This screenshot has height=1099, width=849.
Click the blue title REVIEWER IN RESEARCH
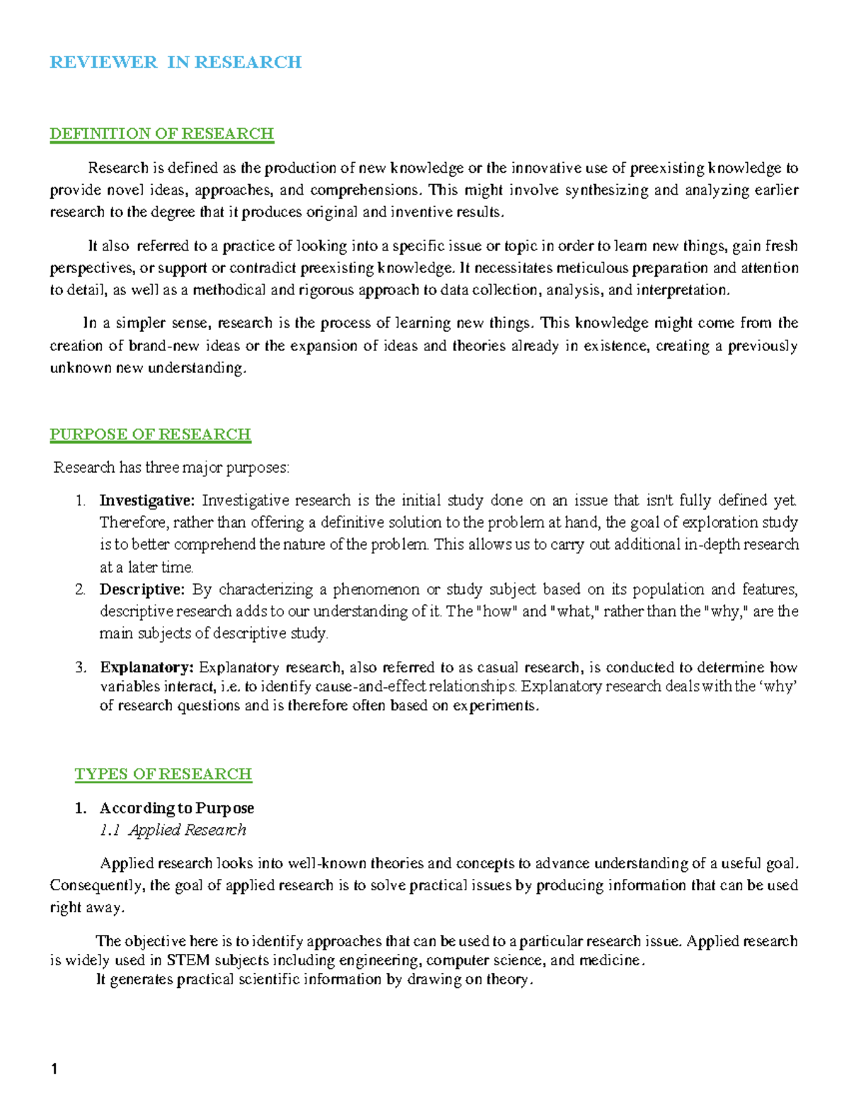[x=175, y=62]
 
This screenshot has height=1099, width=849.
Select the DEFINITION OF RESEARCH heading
[x=161, y=134]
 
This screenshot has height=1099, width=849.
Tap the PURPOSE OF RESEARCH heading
[x=150, y=434]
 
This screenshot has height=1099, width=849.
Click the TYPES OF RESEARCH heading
[x=163, y=774]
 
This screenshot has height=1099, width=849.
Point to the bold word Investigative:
[x=146, y=501]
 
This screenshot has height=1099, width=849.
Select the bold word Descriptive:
[x=141, y=589]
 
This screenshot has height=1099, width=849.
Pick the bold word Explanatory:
[x=146, y=667]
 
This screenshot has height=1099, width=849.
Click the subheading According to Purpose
[x=176, y=808]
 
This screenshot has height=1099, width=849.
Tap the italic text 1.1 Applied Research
[x=173, y=830]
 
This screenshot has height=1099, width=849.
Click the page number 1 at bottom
[x=54, y=1069]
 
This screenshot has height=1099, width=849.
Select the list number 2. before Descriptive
[x=80, y=589]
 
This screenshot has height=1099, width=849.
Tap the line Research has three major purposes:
[x=172, y=468]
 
